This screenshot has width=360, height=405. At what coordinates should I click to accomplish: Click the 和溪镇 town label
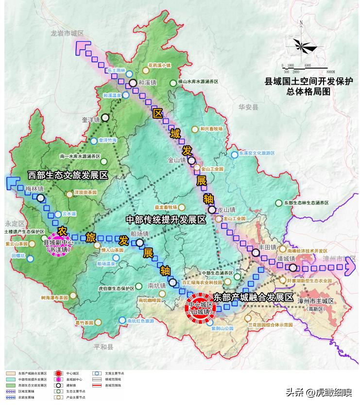click(147, 83)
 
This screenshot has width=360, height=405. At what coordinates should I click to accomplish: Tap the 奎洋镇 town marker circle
click(105, 118)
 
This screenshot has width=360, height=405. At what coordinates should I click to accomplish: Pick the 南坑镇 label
click(157, 285)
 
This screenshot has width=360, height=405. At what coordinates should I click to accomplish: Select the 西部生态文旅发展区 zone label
click(68, 174)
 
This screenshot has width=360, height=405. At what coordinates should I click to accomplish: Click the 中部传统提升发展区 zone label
click(166, 219)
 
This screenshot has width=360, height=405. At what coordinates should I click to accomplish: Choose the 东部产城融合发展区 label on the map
click(254, 297)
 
